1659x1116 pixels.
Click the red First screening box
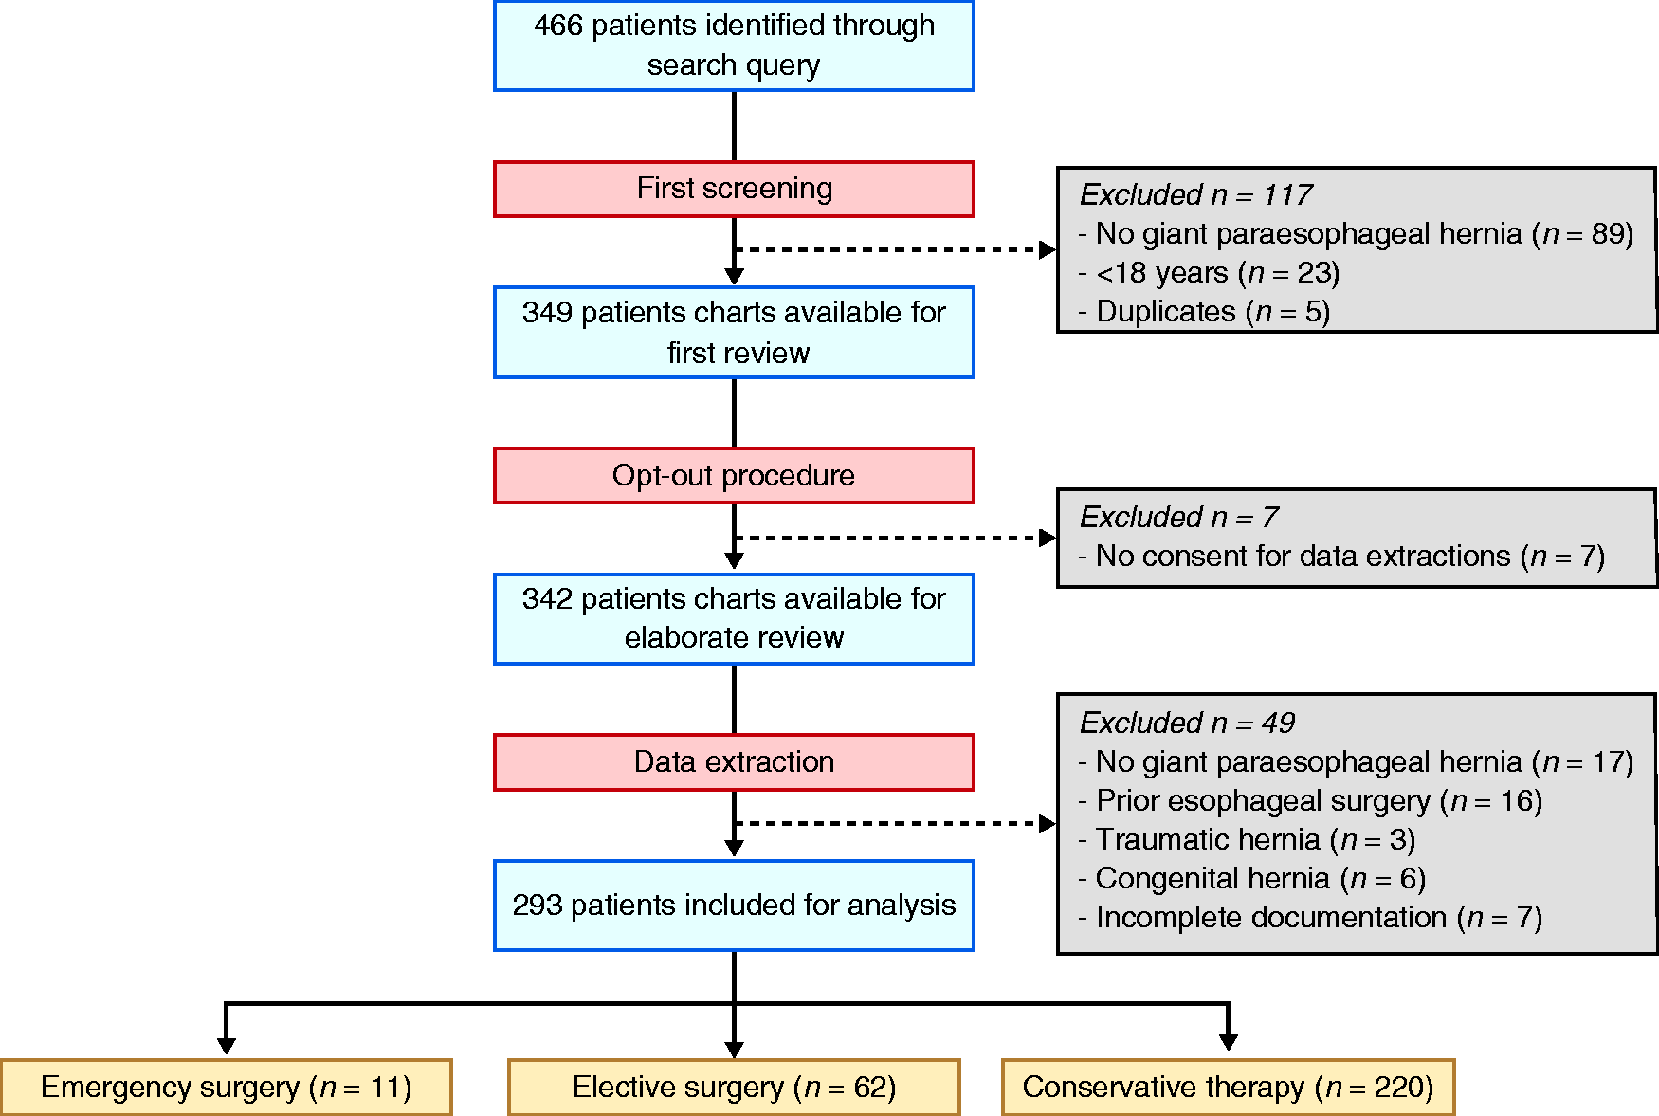(734, 189)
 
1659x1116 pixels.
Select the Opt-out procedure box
(734, 475)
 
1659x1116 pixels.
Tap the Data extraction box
(734, 762)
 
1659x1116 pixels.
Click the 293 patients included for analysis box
(734, 906)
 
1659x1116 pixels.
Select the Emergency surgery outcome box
(227, 1087)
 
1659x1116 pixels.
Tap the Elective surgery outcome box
(734, 1087)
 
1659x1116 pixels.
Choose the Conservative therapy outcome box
(1228, 1087)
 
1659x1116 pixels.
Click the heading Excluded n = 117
(1195, 194)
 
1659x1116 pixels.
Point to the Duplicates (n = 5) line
(1204, 312)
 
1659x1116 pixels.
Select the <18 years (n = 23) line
(1209, 273)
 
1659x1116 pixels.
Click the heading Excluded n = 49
(1187, 723)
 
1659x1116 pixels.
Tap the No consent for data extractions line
(1341, 556)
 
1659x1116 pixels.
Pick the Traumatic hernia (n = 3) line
(1247, 839)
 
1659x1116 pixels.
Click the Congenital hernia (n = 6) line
(1251, 878)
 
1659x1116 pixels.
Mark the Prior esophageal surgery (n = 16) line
(1310, 800)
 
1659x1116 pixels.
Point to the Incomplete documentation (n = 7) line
(1310, 917)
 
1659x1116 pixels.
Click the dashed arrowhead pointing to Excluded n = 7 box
(1048, 538)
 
